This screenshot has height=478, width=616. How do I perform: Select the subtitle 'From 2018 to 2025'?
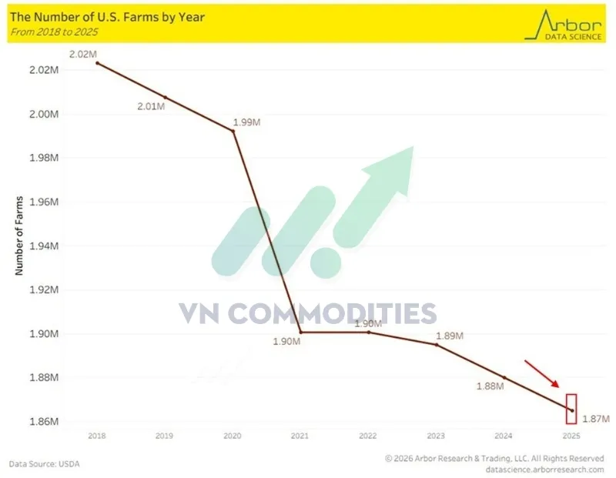point(57,32)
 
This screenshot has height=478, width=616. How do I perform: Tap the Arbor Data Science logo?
point(563,23)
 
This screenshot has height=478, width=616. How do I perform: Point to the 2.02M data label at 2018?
point(81,54)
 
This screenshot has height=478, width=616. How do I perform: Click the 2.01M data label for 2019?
point(151,107)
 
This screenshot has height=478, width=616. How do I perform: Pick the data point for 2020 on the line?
point(233,131)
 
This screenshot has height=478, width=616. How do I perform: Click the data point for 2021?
point(300,333)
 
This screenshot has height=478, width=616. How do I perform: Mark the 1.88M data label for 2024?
point(489,387)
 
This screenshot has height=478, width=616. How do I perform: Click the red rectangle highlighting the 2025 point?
point(571,409)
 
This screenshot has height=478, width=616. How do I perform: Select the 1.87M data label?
point(595,419)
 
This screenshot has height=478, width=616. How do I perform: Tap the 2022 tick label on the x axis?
point(368,436)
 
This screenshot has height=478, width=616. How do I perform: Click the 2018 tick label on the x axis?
point(97,436)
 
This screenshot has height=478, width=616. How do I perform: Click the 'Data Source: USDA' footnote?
point(44,464)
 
